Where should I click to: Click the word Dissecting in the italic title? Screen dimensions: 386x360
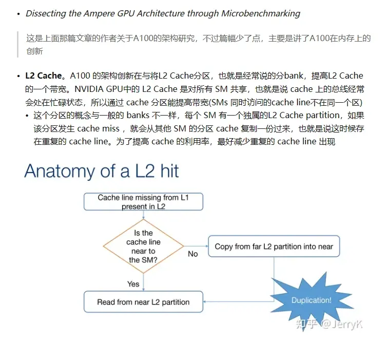45,13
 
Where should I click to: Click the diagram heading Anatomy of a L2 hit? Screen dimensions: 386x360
102,171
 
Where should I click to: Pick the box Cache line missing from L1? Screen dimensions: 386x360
143,202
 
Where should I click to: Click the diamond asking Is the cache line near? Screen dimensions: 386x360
143,247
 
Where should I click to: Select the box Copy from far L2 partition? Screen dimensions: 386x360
274,247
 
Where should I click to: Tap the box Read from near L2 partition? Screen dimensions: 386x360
143,302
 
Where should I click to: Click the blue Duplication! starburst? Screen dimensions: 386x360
311,300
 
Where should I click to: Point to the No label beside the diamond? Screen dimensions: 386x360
192,254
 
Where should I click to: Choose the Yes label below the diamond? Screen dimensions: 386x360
133,283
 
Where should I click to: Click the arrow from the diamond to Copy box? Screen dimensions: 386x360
196,246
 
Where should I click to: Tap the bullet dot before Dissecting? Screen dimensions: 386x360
18,14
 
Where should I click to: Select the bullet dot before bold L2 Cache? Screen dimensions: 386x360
18,76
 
